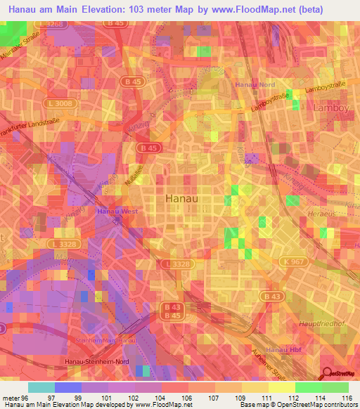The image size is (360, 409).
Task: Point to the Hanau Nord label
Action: [255, 84]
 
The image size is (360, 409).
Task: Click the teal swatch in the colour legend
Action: [41, 387]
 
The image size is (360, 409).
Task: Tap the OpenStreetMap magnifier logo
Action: [328, 375]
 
